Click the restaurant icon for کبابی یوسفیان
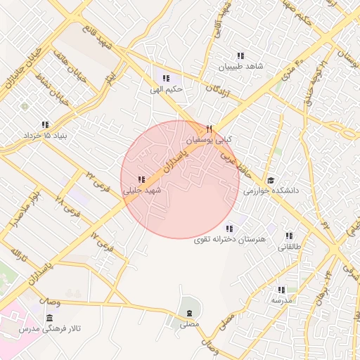pyautogui.click(x=210, y=129)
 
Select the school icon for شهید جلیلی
pyautogui.click(x=141, y=179)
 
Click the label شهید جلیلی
pyautogui.click(x=142, y=191)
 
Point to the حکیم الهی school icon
pyautogui.click(x=166, y=78)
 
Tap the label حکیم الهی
pyautogui.click(x=166, y=89)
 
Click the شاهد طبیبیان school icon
pyautogui.click(x=240, y=56)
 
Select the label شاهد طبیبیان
pyautogui.click(x=240, y=67)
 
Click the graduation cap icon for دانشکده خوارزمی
pyautogui.click(x=271, y=179)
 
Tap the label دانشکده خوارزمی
pyautogui.click(x=271, y=191)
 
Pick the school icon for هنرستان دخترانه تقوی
pyautogui.click(x=229, y=228)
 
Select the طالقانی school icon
pyautogui.click(x=289, y=236)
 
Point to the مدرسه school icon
pyautogui.click(x=281, y=290)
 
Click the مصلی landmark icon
pyautogui.click(x=189, y=312)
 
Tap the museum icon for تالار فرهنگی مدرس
pyautogui.click(x=49, y=319)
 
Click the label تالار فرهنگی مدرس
pyautogui.click(x=49, y=330)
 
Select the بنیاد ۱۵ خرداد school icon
pyautogui.click(x=46, y=124)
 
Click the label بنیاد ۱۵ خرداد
pyautogui.click(x=46, y=135)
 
